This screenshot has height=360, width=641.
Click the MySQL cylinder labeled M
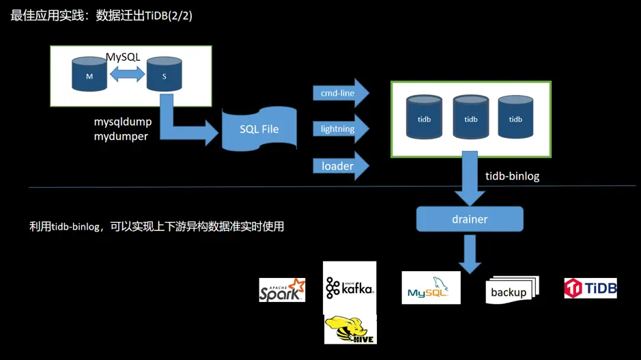[x=89, y=75]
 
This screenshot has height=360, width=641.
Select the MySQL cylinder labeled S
[x=164, y=75]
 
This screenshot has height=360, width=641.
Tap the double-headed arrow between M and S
[x=126, y=76]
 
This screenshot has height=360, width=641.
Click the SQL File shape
[x=259, y=129]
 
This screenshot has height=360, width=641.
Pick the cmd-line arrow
[x=340, y=94]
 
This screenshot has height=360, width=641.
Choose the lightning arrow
[x=340, y=129]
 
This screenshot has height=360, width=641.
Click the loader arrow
[x=340, y=166]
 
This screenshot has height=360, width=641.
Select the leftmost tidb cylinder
[x=424, y=117]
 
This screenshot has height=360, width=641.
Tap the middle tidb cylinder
[x=470, y=117]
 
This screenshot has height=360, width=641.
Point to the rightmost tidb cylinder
[x=515, y=117]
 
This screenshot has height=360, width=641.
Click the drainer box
[x=470, y=219]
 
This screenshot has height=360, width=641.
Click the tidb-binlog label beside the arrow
[x=512, y=176]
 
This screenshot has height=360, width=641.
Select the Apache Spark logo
[x=282, y=290]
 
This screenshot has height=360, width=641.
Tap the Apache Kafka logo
[x=350, y=287]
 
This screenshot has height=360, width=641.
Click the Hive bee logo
[x=350, y=329]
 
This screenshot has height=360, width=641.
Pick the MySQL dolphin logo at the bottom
[x=431, y=288]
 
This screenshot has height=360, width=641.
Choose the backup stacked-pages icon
[x=511, y=290]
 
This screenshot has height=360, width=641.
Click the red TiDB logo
[x=590, y=288]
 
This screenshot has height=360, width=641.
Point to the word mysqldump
[x=123, y=122]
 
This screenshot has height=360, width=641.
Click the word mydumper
[x=121, y=136]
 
